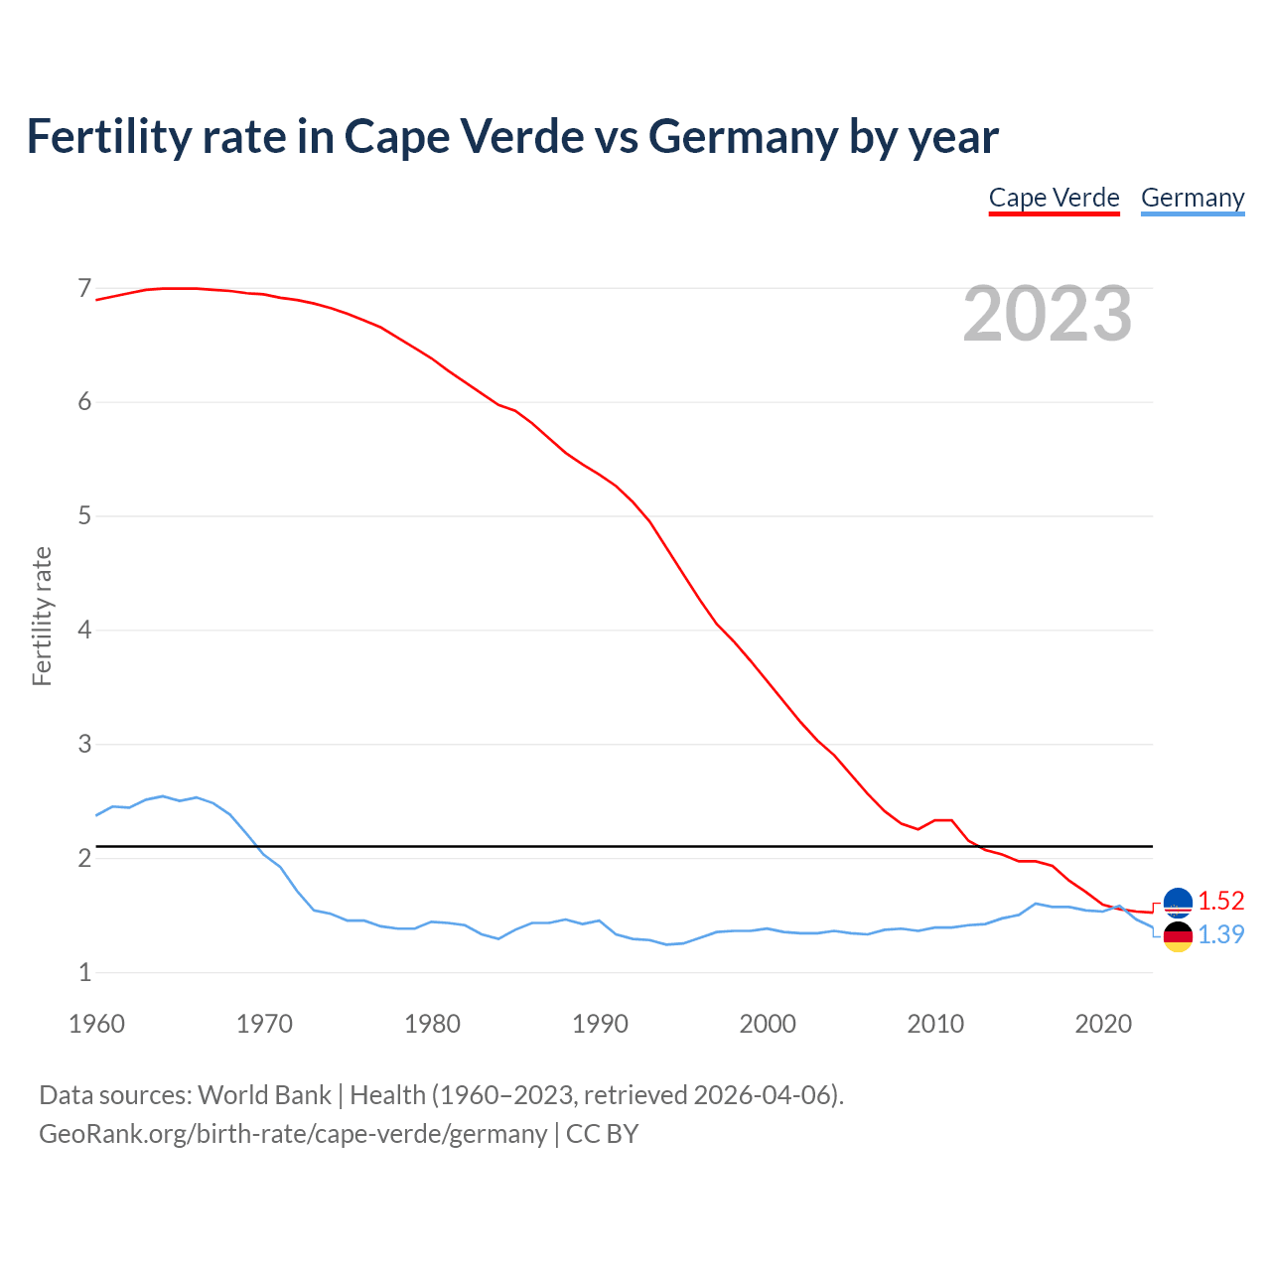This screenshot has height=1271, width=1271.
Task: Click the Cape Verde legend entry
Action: click(x=1054, y=198)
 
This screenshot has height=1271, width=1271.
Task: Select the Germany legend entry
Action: click(x=1192, y=198)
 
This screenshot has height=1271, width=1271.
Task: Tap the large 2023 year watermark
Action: click(x=1048, y=314)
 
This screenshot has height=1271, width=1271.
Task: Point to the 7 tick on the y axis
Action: click(x=84, y=289)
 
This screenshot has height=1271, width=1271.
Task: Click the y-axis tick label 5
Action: click(x=84, y=516)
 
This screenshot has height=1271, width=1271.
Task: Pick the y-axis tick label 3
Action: click(x=84, y=744)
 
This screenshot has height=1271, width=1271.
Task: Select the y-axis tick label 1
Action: click(x=84, y=972)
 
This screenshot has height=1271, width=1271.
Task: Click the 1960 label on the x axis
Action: click(x=96, y=1024)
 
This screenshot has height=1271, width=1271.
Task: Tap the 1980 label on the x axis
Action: click(x=432, y=1024)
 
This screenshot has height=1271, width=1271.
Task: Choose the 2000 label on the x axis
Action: click(x=768, y=1024)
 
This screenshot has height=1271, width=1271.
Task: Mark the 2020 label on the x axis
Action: click(x=1103, y=1024)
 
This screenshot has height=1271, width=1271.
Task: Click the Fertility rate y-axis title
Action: click(x=42, y=616)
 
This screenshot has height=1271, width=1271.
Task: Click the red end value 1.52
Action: click(x=1220, y=901)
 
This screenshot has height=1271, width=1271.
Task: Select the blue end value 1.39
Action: click(x=1220, y=934)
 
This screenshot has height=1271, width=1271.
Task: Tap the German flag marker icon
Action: click(x=1178, y=936)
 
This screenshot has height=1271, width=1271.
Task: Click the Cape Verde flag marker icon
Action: click(x=1178, y=901)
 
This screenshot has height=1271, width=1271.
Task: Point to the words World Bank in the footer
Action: click(x=264, y=1095)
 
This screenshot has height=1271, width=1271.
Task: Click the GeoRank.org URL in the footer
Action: click(x=293, y=1134)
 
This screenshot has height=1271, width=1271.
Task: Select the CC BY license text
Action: click(x=602, y=1134)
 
